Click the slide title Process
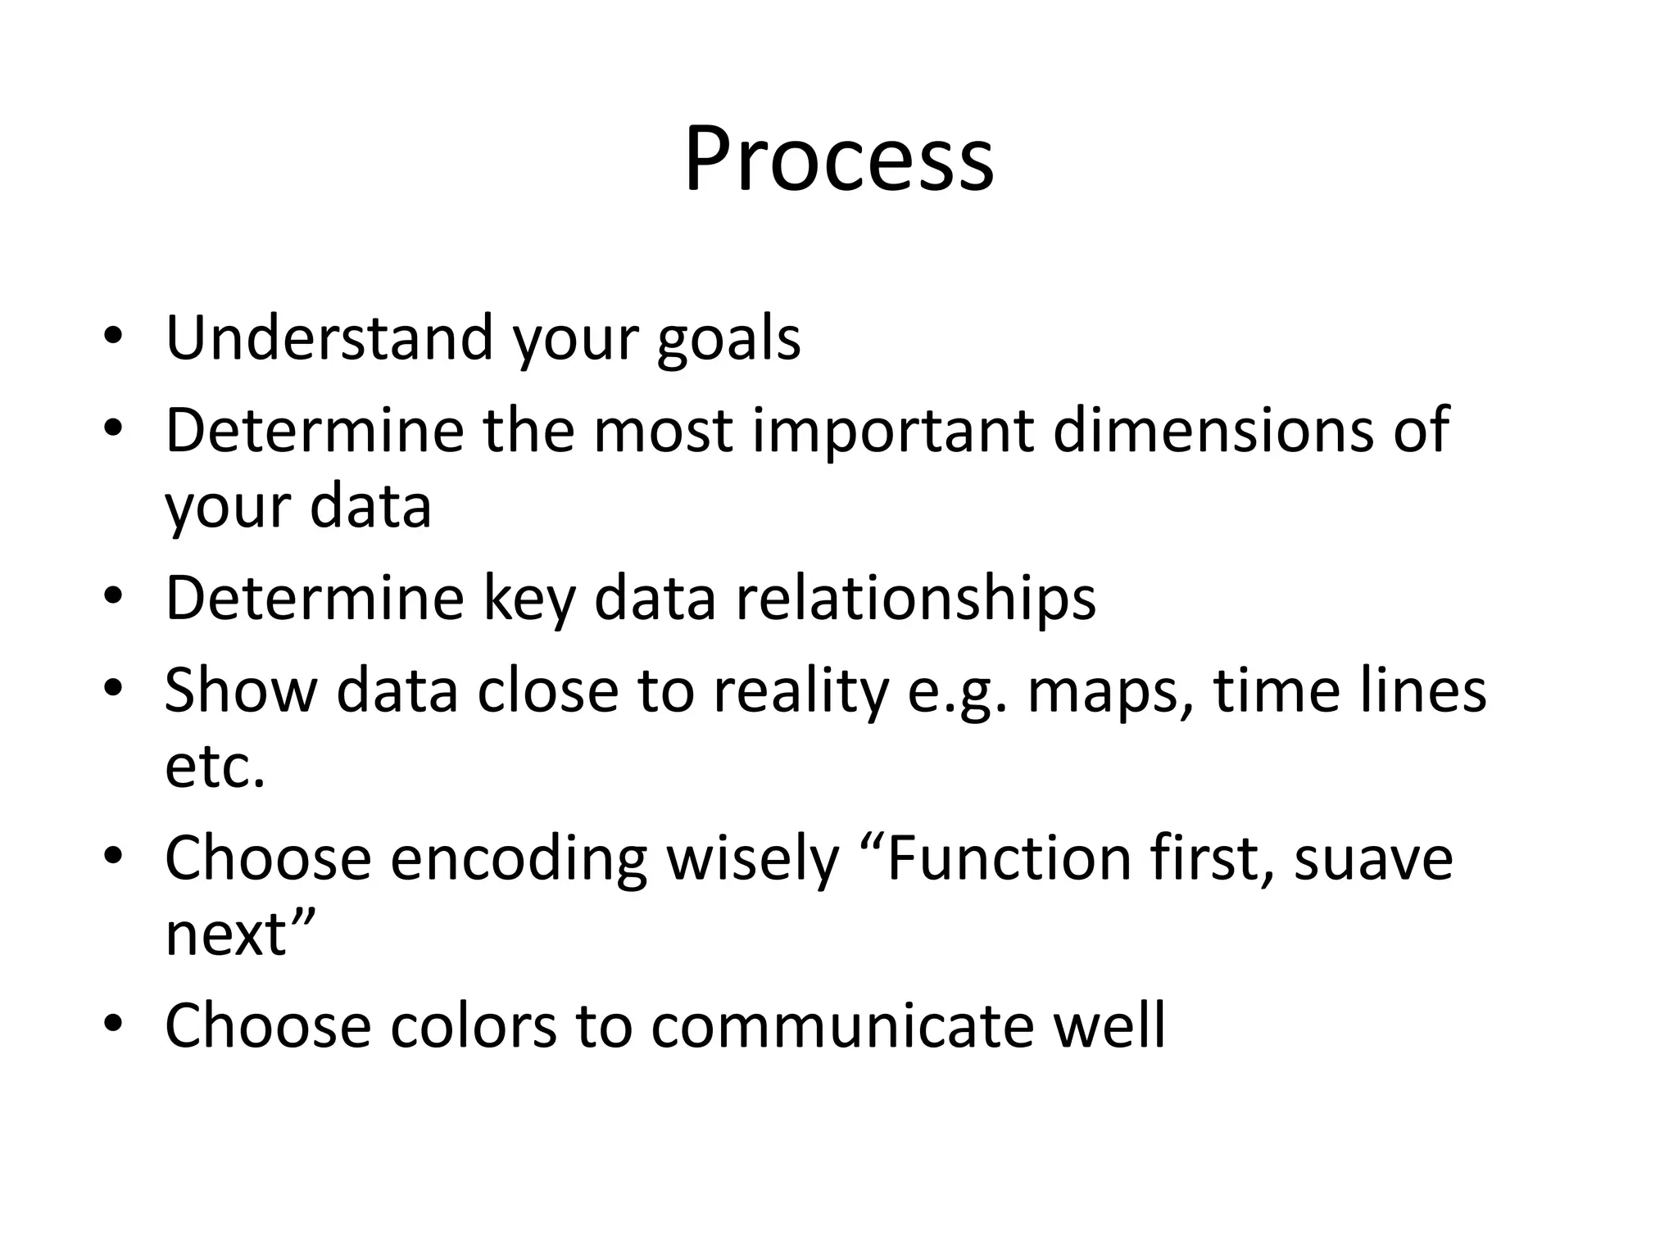(x=839, y=160)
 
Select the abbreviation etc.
(x=215, y=767)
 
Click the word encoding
(x=518, y=860)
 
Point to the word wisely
(x=752, y=860)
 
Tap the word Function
(x=1008, y=858)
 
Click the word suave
(x=1373, y=860)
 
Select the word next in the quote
(x=226, y=934)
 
